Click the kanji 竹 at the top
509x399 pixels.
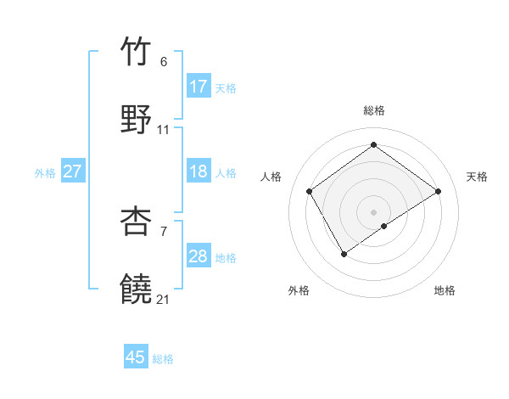point(137,52)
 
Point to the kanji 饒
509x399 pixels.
point(137,288)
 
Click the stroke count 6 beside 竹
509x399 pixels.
point(164,62)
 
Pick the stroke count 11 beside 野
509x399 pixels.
point(164,130)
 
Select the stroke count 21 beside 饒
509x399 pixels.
point(164,299)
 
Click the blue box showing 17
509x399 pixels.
point(199,87)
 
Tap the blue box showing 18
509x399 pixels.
point(199,171)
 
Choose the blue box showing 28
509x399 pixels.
point(199,256)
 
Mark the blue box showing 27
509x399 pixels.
point(73,171)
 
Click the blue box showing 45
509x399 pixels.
point(136,357)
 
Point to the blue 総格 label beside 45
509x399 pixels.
point(163,359)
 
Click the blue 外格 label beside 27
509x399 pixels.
point(45,173)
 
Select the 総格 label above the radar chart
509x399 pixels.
point(374,110)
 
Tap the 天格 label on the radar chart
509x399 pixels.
point(477,177)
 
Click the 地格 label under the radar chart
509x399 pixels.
point(445,290)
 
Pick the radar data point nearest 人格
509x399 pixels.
point(310,191)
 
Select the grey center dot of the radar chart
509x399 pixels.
point(374,211)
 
